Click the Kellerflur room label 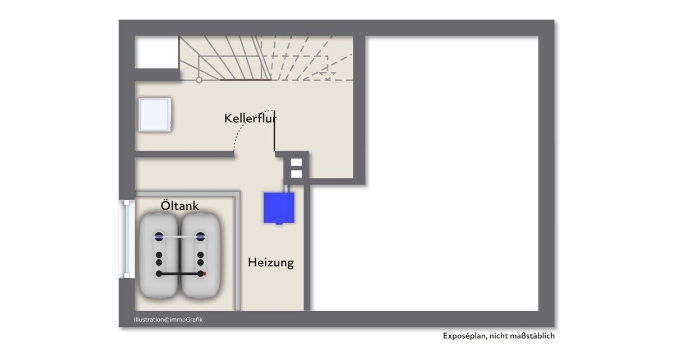[x=250, y=118]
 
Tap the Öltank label [x=179, y=206]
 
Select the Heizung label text [x=271, y=262]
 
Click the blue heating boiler [x=279, y=208]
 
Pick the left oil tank [x=159, y=256]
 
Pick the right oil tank [x=200, y=256]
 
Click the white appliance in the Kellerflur [x=155, y=114]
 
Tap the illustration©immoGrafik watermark [x=168, y=320]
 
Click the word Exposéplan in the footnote [x=464, y=336]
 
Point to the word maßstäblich [x=537, y=336]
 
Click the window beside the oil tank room [x=127, y=239]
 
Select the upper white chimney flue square [x=296, y=162]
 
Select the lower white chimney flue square [x=296, y=174]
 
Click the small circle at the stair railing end [x=199, y=80]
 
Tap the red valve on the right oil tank [x=204, y=274]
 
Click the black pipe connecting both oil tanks [x=179, y=274]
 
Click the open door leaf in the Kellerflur [x=274, y=131]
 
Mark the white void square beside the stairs [x=156, y=52]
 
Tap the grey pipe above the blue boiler [x=287, y=189]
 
